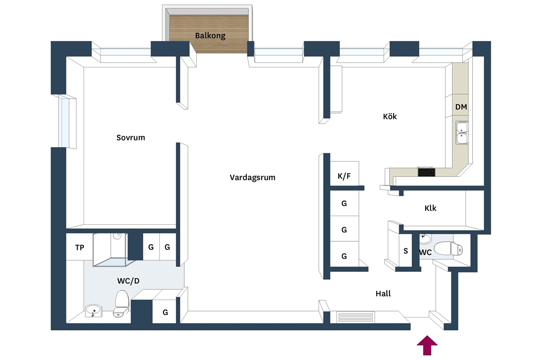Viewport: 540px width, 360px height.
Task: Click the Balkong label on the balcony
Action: (210, 36)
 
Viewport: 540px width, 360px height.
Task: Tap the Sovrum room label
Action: (131, 138)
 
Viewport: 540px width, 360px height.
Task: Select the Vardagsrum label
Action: (252, 177)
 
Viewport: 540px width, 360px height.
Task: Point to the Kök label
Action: (390, 116)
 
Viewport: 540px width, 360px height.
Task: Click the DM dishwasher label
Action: (461, 107)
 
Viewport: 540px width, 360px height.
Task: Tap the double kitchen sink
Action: (462, 132)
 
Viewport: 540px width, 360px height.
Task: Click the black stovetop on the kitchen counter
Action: (426, 172)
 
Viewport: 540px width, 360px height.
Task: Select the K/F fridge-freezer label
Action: (344, 176)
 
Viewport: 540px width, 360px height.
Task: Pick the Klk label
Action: (431, 208)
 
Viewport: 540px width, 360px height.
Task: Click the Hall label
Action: (383, 294)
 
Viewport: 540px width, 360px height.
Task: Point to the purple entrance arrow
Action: (427, 345)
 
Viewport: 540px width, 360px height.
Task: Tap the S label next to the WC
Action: (406, 251)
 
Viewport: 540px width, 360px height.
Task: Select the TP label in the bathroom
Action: (79, 247)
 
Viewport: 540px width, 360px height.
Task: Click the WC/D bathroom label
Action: (128, 281)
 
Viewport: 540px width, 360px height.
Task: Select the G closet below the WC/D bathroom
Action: (165, 312)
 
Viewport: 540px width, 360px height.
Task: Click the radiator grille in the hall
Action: (355, 317)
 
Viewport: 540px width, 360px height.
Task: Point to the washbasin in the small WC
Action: (426, 239)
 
